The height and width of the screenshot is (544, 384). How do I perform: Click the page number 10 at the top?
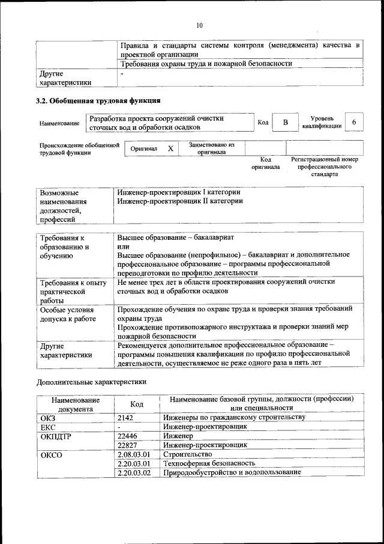click(199, 25)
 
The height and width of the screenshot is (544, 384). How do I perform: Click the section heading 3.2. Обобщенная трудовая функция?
click(98, 100)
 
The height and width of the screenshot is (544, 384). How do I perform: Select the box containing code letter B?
click(286, 123)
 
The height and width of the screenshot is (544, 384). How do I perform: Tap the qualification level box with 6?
click(355, 123)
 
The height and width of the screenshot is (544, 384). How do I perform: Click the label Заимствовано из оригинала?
click(211, 148)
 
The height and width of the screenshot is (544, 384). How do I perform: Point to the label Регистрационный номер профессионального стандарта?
click(324, 167)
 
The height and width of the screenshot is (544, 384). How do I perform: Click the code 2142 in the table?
click(124, 417)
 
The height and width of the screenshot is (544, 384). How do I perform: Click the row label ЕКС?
click(47, 427)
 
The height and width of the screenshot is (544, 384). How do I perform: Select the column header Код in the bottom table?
click(136, 404)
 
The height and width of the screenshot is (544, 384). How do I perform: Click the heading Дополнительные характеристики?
click(91, 381)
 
